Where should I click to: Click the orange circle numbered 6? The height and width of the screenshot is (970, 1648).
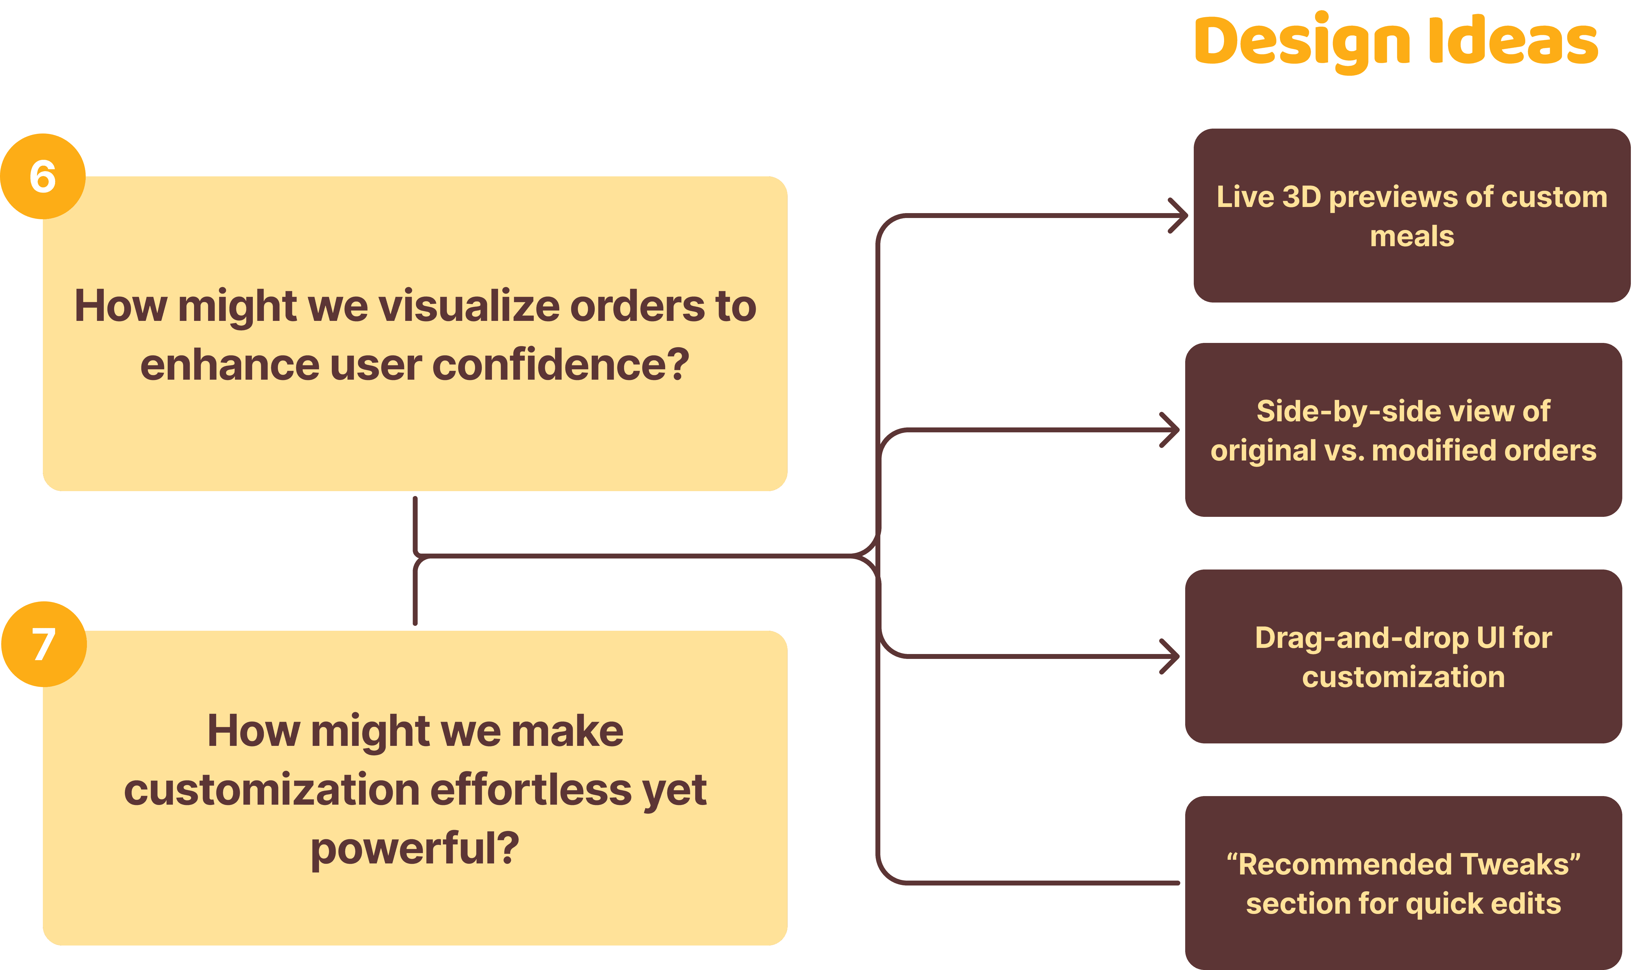[43, 177]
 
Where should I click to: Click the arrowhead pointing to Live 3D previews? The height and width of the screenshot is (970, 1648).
[1179, 215]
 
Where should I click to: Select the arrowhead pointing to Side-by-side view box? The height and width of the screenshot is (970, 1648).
[1170, 430]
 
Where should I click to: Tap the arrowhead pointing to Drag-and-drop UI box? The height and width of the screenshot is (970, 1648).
[1170, 656]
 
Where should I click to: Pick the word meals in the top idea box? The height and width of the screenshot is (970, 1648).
[1412, 236]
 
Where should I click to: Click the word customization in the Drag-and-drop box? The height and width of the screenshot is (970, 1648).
[1403, 677]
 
